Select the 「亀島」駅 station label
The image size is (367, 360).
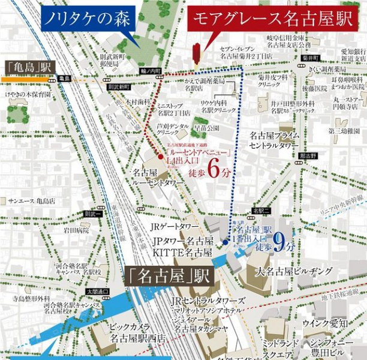pyautogui.click(x=29, y=66)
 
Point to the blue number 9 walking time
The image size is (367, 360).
pyautogui.click(x=279, y=241)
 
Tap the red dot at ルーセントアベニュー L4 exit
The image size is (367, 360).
pyautogui.click(x=161, y=157)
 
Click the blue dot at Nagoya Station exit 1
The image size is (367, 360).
pyautogui.click(x=225, y=243)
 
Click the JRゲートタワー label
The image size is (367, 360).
pyautogui.click(x=174, y=226)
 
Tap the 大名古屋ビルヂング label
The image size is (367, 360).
pyautogui.click(x=294, y=271)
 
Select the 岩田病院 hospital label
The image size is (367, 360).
pyautogui.click(x=77, y=230)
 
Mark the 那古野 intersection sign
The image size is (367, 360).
pyautogui.click(x=307, y=155)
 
